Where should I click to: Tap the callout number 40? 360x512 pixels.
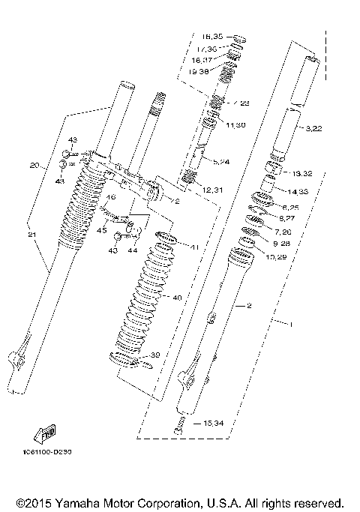coord(177,298)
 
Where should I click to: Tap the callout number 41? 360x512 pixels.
coord(194,247)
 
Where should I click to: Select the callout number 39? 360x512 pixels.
coord(156,355)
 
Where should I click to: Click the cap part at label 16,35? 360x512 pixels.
coord(240,39)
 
